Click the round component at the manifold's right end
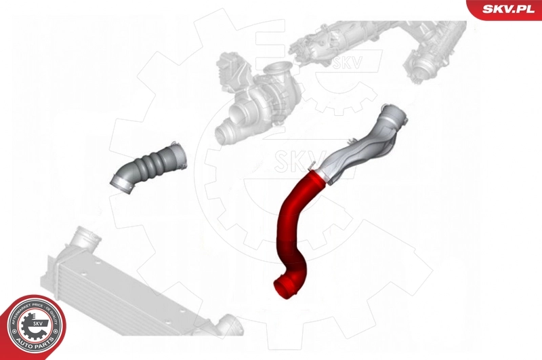423,64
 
